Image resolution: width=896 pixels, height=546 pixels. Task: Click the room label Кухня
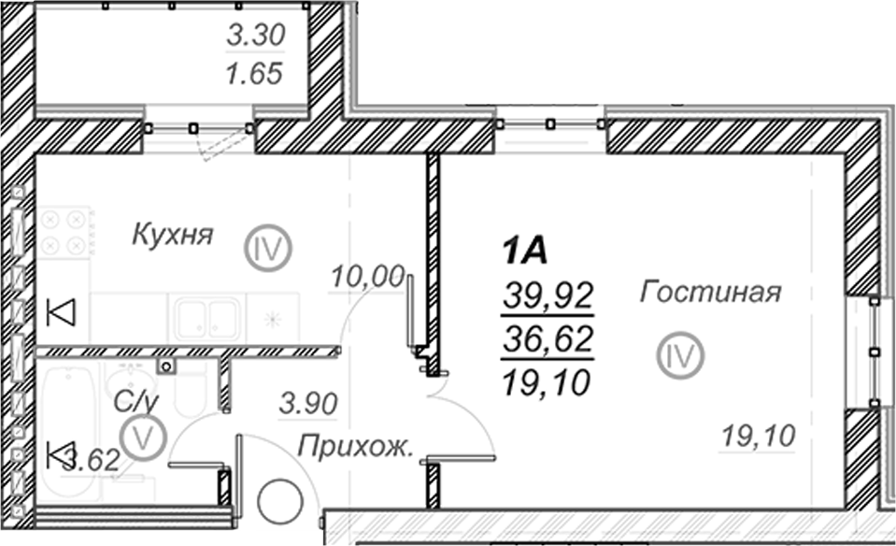[173, 235]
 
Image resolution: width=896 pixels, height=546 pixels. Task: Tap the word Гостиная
[710, 292]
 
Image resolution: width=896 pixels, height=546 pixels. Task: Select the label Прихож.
[355, 447]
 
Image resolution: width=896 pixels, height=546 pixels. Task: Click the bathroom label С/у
[135, 401]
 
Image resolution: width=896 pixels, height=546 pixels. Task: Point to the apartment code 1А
[524, 251]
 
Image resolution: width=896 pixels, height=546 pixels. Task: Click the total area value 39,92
[548, 295]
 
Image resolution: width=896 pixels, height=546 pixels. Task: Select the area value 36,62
[548, 339]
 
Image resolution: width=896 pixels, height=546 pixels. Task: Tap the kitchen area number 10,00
[368, 277]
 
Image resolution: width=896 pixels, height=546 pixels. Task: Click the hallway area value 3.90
[308, 404]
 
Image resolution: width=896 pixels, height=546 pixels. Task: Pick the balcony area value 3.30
[255, 35]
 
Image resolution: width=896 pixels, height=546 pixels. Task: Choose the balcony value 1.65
[255, 74]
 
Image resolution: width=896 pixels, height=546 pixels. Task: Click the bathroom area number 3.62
[92, 460]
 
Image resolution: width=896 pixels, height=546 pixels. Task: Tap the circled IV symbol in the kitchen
[268, 249]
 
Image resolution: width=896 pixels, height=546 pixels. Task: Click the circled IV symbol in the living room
[680, 355]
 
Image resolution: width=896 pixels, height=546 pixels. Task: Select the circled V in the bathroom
[142, 438]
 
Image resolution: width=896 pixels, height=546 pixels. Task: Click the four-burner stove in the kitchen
[64, 232]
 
